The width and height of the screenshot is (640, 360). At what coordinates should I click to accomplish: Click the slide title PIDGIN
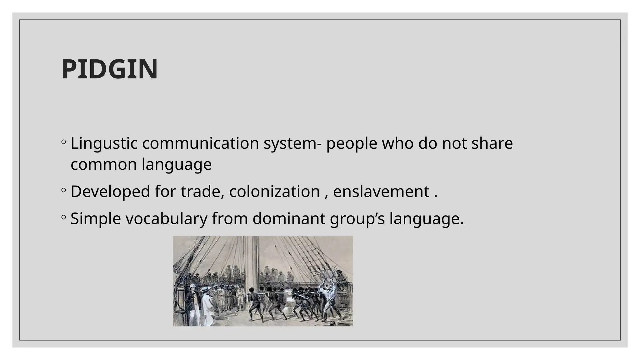109,69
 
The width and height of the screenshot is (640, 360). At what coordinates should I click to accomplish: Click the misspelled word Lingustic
104,143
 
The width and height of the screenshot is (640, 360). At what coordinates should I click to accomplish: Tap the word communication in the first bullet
201,143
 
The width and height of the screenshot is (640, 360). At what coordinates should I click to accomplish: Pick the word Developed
110,191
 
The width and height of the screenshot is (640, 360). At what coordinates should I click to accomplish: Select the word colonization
274,191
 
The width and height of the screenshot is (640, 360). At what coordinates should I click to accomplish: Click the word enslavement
381,191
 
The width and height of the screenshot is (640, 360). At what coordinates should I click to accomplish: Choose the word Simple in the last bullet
96,218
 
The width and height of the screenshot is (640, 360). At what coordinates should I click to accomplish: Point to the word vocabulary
166,218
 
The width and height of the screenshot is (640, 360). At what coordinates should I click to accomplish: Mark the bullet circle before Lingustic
64,142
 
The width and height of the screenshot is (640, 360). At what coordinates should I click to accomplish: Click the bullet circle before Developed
64,190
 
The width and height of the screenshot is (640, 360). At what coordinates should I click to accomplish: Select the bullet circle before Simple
64,217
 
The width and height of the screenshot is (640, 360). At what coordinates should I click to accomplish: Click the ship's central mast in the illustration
255,262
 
